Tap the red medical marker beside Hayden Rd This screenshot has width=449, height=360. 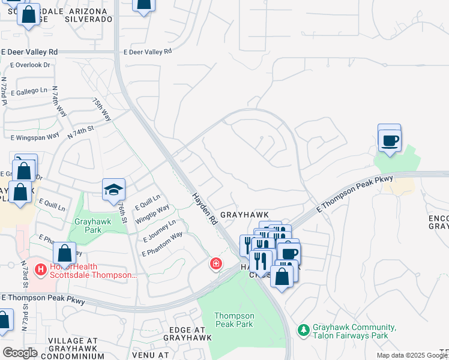tap(215, 263)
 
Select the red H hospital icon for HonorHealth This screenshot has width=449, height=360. tap(41, 271)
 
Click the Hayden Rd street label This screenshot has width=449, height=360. tap(204, 209)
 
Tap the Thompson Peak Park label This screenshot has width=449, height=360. tap(234, 320)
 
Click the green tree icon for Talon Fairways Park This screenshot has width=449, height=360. tap(304, 331)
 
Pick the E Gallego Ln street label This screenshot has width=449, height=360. tap(29, 92)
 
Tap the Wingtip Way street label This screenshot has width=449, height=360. tap(152, 212)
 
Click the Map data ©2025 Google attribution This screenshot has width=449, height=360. tap(412, 355)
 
